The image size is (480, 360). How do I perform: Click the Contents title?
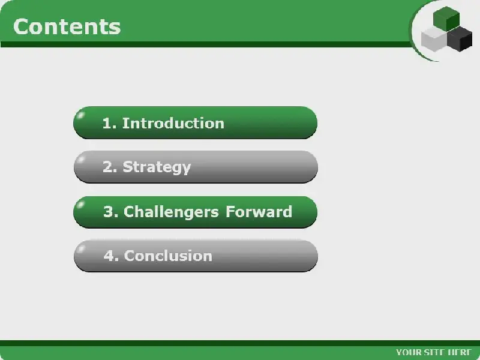(x=67, y=26)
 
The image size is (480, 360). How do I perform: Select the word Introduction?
(x=173, y=123)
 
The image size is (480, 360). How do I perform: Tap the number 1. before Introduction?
(x=109, y=123)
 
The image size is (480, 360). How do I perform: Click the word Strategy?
(x=157, y=167)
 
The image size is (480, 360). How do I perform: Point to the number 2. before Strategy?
(x=110, y=167)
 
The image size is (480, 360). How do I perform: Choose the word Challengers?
(x=171, y=212)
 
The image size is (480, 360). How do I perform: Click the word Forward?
(x=259, y=212)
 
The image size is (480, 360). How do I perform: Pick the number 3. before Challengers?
(x=111, y=212)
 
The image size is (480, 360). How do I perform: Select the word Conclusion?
(x=168, y=256)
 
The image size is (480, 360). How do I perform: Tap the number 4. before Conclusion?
(x=111, y=256)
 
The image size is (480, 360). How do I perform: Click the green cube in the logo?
(x=446, y=19)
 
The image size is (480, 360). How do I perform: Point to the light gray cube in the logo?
(x=434, y=39)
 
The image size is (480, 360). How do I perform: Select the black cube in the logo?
(x=460, y=39)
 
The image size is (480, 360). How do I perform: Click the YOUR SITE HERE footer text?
(x=434, y=352)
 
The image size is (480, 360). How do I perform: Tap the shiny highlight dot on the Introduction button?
(x=82, y=115)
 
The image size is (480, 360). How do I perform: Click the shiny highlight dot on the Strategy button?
(x=82, y=160)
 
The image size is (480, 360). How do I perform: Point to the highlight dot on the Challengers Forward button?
(x=82, y=204)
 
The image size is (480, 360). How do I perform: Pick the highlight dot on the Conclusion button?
(x=82, y=248)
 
